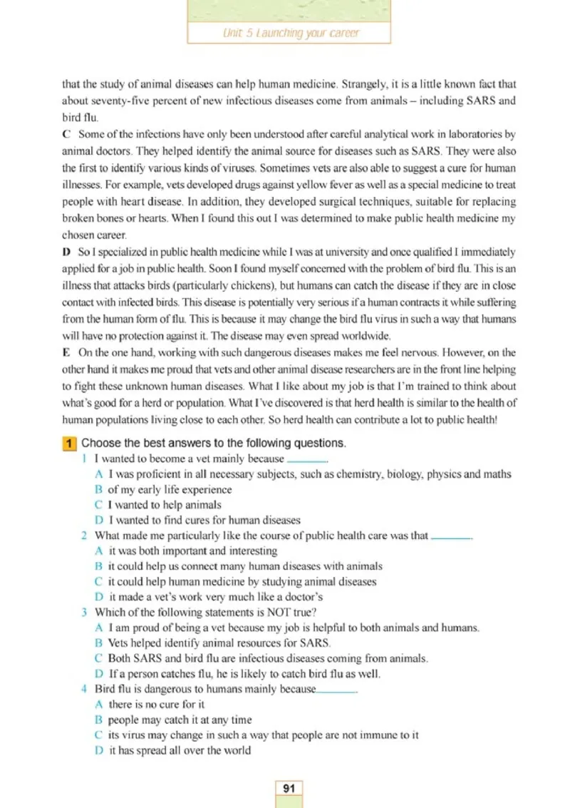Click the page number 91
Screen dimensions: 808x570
click(x=289, y=788)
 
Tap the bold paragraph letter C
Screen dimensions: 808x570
click(x=66, y=133)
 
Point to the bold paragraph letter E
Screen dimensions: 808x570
click(x=66, y=353)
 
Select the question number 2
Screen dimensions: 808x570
click(x=84, y=536)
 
